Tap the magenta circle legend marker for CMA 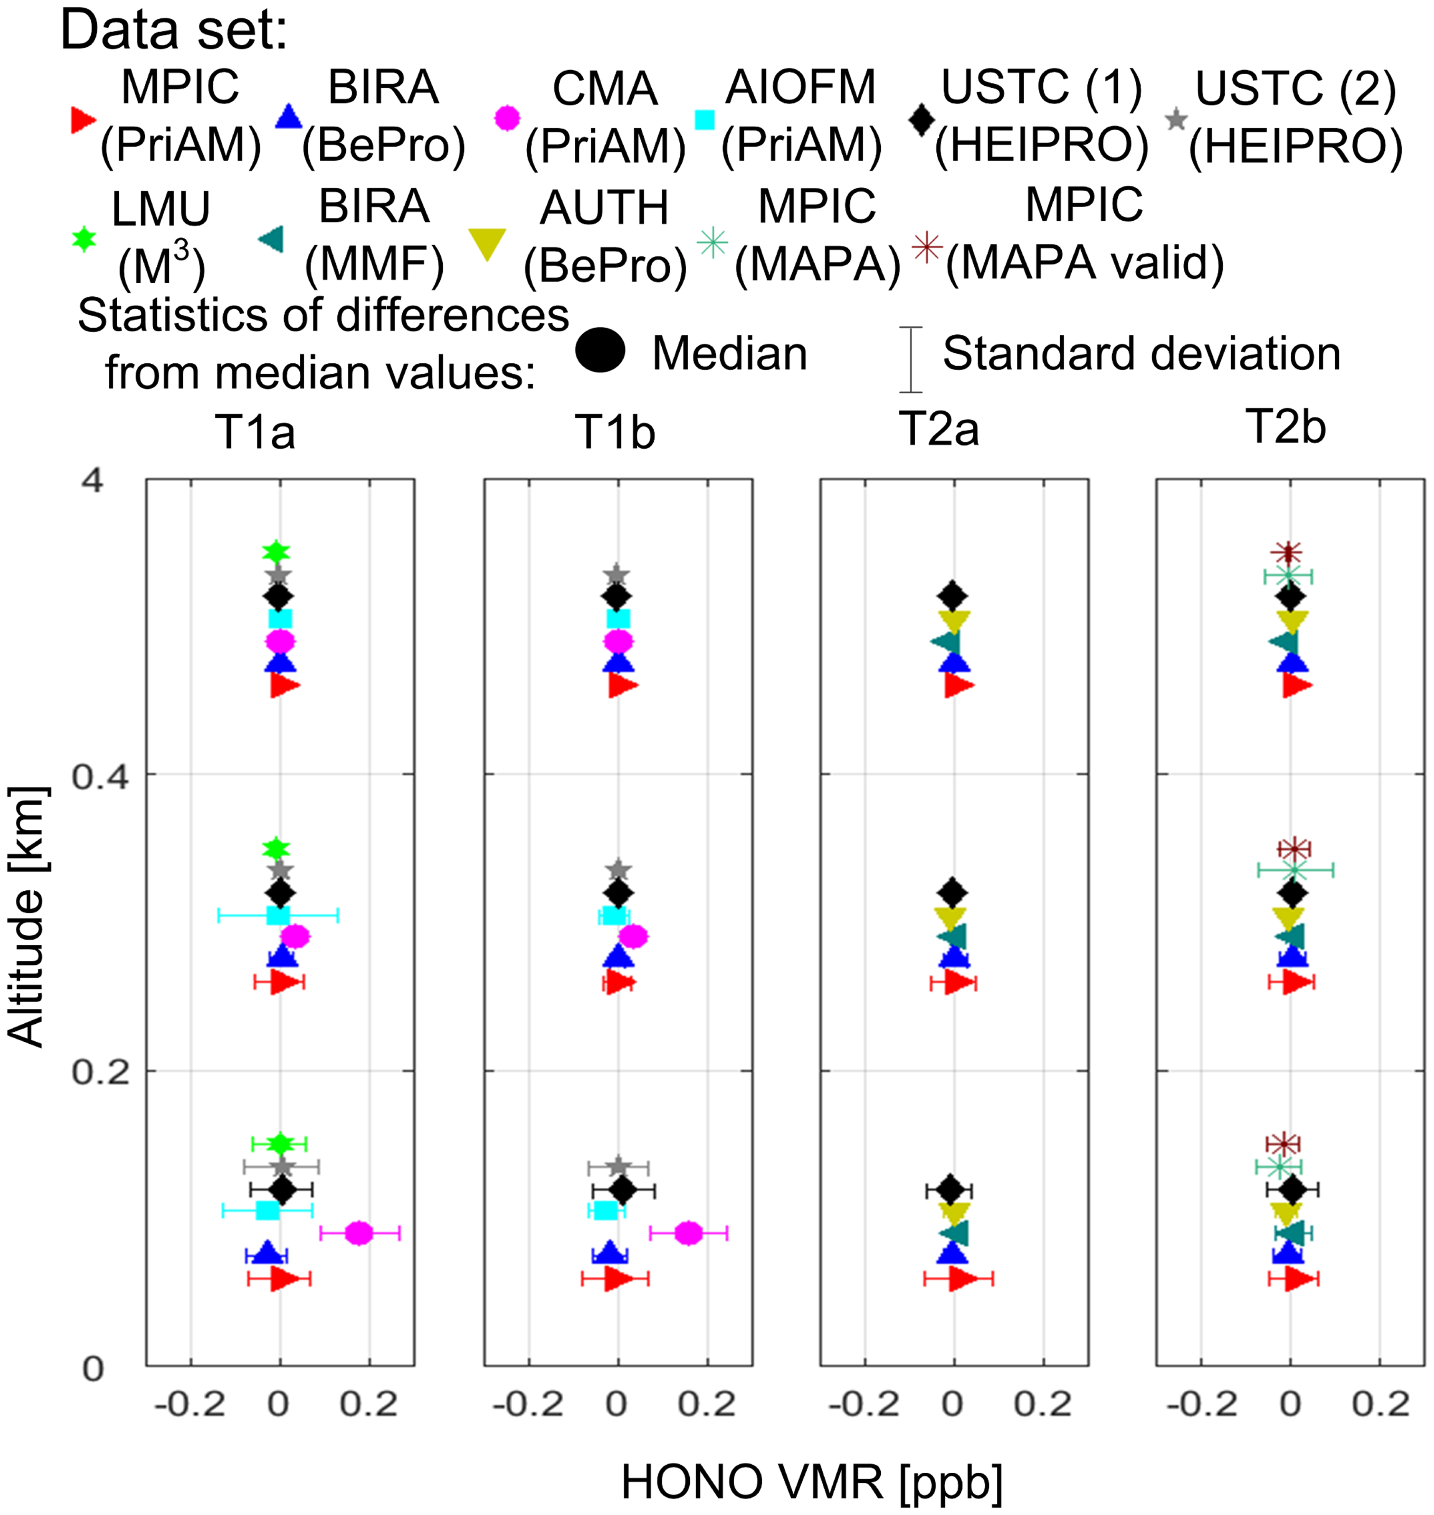(508, 118)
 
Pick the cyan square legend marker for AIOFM (705, 120)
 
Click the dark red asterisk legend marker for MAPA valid (926, 247)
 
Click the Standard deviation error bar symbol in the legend (910, 359)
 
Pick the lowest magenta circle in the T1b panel (689, 1233)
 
